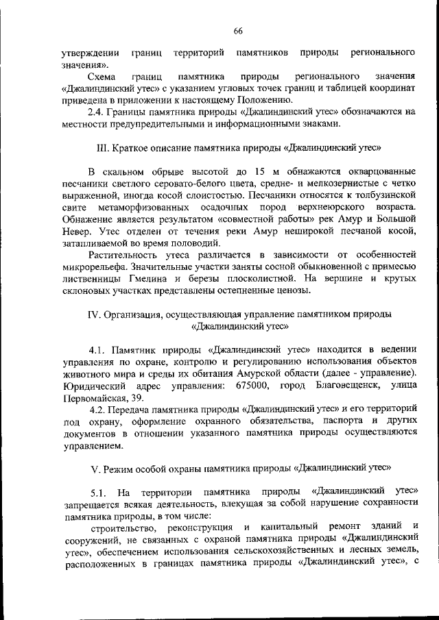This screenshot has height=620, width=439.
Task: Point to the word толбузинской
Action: (x=383, y=195)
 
